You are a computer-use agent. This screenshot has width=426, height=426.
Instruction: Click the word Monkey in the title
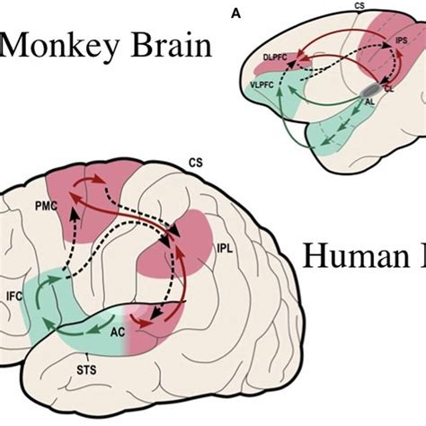[x=58, y=44]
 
